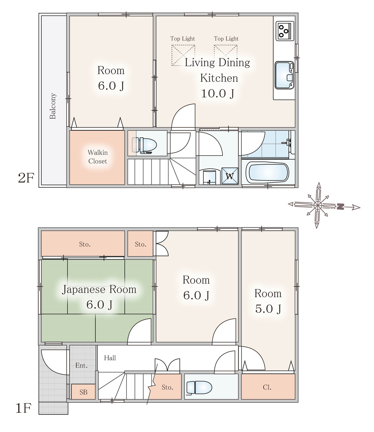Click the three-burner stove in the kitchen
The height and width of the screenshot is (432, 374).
pos(285,31)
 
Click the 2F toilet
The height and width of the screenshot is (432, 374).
pos(144,145)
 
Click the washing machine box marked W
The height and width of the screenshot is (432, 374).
pos(230,176)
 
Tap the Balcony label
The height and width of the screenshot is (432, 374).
pos(53,106)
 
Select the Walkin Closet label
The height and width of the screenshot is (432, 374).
pos(98,157)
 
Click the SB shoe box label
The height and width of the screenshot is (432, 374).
pos(83,392)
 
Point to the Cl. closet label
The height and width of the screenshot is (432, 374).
pos(267,387)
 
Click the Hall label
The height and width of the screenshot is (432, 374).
pos(110,358)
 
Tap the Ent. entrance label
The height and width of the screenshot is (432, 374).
pos(81,365)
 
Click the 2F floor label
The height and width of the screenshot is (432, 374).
pos(26,178)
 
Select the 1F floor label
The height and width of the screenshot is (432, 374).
pos(23,414)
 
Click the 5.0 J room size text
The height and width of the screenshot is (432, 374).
pos(268,308)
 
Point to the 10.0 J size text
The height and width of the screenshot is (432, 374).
pos(217,93)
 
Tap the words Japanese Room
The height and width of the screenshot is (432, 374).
pos(99,290)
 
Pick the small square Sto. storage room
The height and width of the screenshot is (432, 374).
pos(140,243)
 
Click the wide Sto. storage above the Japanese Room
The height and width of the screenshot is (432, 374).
pos(83,243)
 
